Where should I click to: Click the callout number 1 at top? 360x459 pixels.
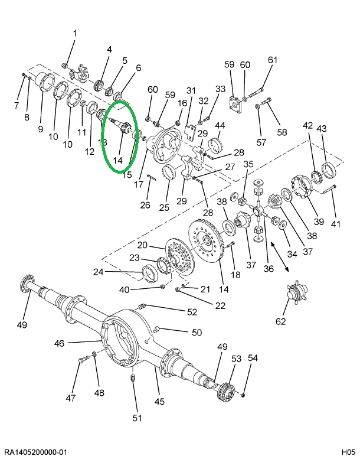[75, 33]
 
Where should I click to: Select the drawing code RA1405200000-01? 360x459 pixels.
[35, 452]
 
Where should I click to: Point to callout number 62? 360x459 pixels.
[280, 321]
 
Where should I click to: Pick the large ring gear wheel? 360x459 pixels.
[210, 243]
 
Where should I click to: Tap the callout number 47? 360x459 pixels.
[71, 398]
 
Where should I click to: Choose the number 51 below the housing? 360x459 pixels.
[136, 419]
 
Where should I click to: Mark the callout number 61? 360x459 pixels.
[272, 60]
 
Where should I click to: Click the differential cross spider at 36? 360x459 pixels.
[257, 210]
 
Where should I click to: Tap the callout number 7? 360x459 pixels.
[16, 106]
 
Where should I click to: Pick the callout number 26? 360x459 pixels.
[145, 206]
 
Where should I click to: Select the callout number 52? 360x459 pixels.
[192, 312]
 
